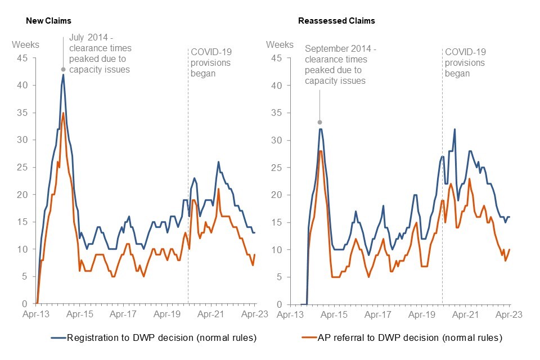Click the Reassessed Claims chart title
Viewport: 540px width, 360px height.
point(336,21)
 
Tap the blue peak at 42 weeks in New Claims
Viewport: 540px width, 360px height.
point(64,75)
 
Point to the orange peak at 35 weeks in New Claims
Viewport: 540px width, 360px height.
point(64,113)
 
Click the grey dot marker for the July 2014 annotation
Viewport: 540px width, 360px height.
point(64,70)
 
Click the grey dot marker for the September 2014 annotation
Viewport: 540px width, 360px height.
point(319,122)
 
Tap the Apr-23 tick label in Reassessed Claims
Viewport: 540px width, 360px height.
point(510,315)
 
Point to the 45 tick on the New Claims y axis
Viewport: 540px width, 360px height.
point(25,58)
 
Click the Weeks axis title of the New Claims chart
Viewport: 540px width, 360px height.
point(25,44)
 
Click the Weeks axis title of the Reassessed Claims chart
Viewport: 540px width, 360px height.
point(280,44)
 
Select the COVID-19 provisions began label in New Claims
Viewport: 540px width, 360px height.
point(211,62)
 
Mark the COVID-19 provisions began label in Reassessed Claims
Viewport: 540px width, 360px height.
point(465,62)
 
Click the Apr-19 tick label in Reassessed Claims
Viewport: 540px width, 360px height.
point(422,315)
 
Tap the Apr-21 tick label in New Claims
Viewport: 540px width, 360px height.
point(211,315)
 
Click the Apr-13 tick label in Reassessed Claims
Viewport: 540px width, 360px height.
point(291,315)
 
